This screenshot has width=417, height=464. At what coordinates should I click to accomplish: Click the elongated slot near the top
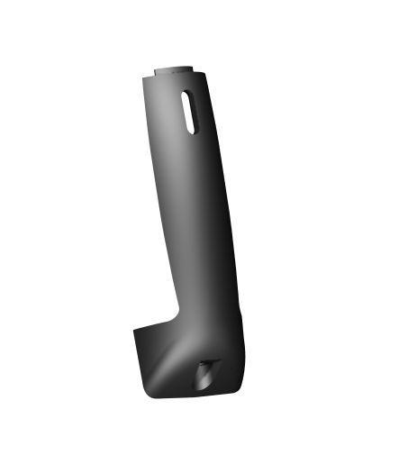click(188, 111)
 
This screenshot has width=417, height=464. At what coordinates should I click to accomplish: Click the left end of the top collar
click(157, 68)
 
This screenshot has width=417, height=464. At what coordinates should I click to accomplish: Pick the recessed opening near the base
click(206, 372)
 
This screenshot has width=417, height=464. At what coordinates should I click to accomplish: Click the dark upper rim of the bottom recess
click(209, 362)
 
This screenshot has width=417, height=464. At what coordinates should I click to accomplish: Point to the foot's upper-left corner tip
click(136, 328)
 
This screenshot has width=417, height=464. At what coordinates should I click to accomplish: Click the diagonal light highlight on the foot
click(171, 365)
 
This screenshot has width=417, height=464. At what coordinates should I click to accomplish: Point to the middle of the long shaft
click(197, 207)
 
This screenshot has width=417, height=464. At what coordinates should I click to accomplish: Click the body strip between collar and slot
click(184, 81)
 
